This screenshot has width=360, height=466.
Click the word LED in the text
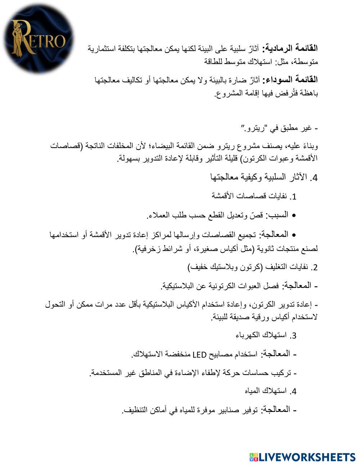pyautogui.click(x=199, y=354)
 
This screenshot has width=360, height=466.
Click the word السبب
pyautogui.click(x=277, y=215)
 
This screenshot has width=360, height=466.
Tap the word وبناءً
pyautogui.click(x=310, y=146)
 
